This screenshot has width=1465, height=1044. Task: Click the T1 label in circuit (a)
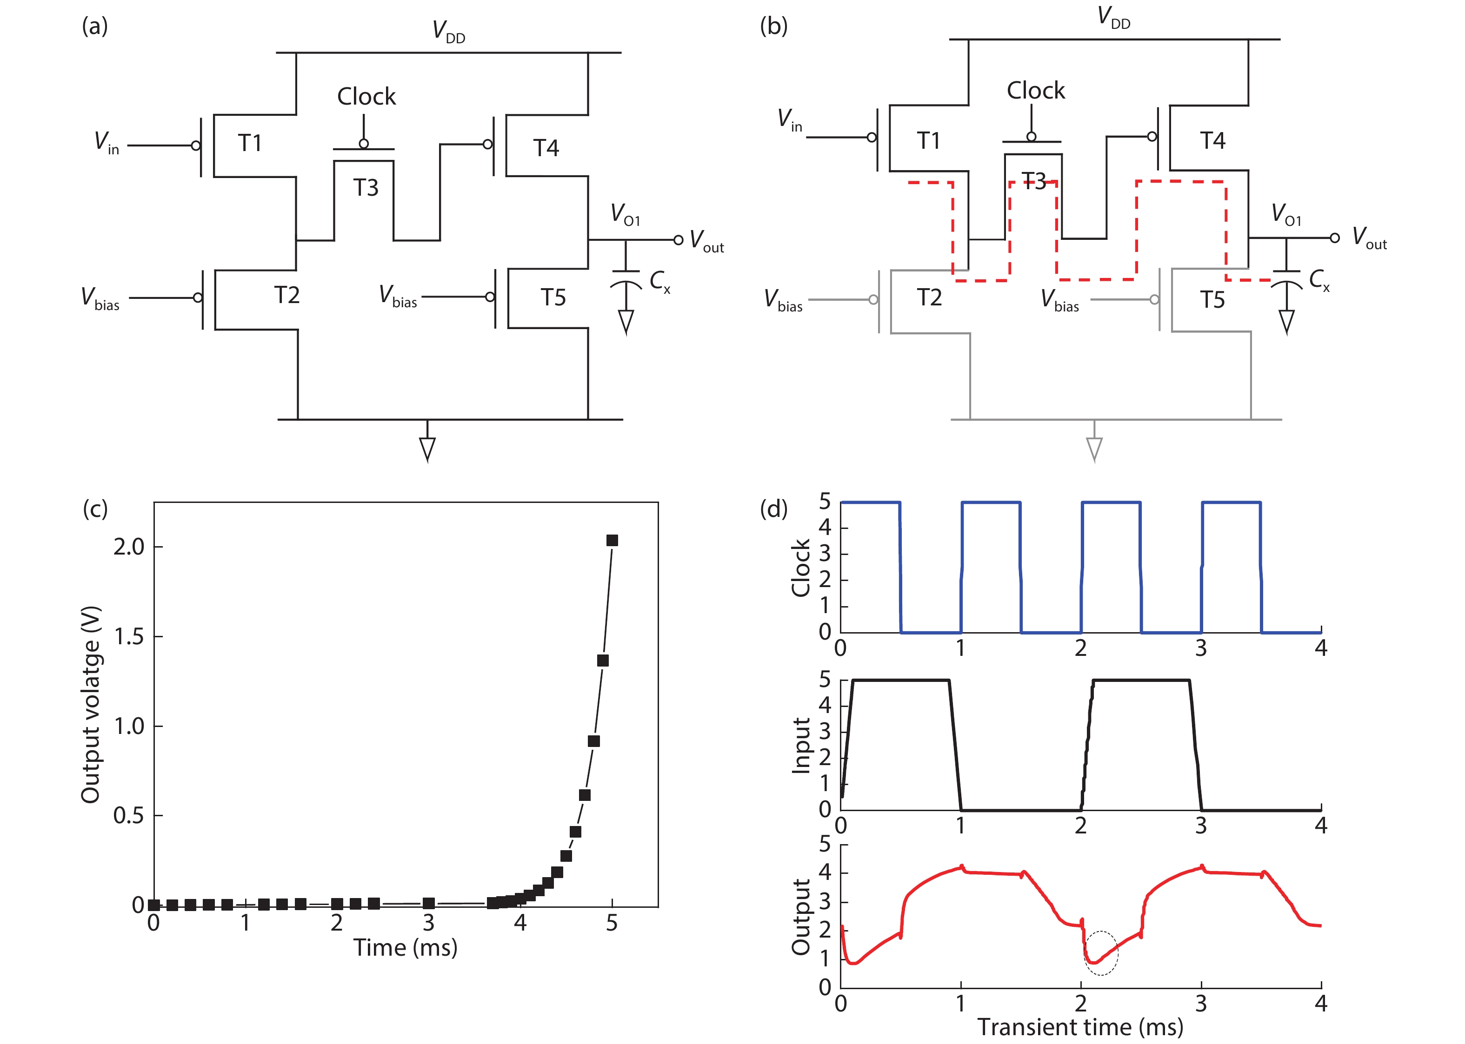pyautogui.click(x=250, y=143)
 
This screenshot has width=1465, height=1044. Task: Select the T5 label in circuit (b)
pyautogui.click(x=1212, y=299)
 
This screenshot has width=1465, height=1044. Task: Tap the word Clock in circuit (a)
pyautogui.click(x=366, y=96)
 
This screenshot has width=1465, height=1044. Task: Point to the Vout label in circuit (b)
pyautogui.click(x=1369, y=238)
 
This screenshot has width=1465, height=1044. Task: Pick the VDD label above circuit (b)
pyautogui.click(x=1114, y=17)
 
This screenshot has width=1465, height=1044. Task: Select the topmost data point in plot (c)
pyautogui.click(x=612, y=541)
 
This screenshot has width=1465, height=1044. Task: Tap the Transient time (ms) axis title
pyautogui.click(x=1080, y=1027)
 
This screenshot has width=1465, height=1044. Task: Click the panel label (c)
pyautogui.click(x=95, y=509)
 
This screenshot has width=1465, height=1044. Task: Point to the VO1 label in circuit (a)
pyautogui.click(x=625, y=214)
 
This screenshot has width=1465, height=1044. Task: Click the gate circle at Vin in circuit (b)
pyautogui.click(x=872, y=138)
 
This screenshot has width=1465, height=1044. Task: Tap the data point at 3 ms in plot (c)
pyautogui.click(x=429, y=903)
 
